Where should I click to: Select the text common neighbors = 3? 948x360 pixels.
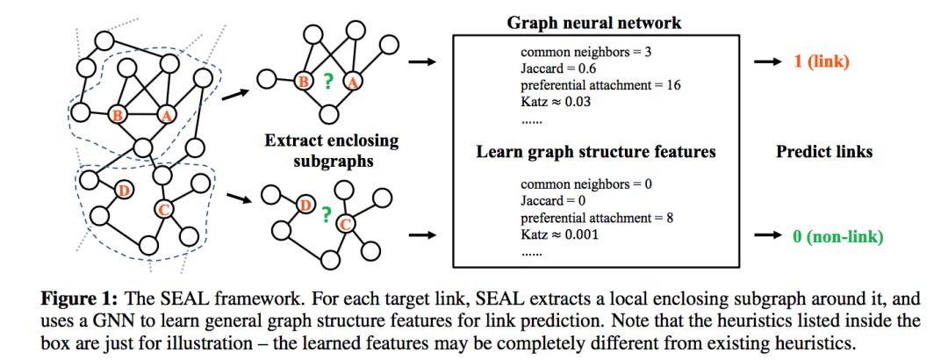point(585,52)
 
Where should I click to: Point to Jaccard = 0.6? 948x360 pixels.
point(554,68)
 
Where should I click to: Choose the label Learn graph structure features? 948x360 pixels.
point(596,152)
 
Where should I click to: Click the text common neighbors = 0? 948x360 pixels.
point(585,185)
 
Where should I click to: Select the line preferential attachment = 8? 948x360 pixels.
point(596,219)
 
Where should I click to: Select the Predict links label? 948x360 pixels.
point(823,152)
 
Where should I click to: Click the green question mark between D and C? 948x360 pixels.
point(327,213)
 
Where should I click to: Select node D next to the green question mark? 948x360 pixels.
point(305,205)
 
